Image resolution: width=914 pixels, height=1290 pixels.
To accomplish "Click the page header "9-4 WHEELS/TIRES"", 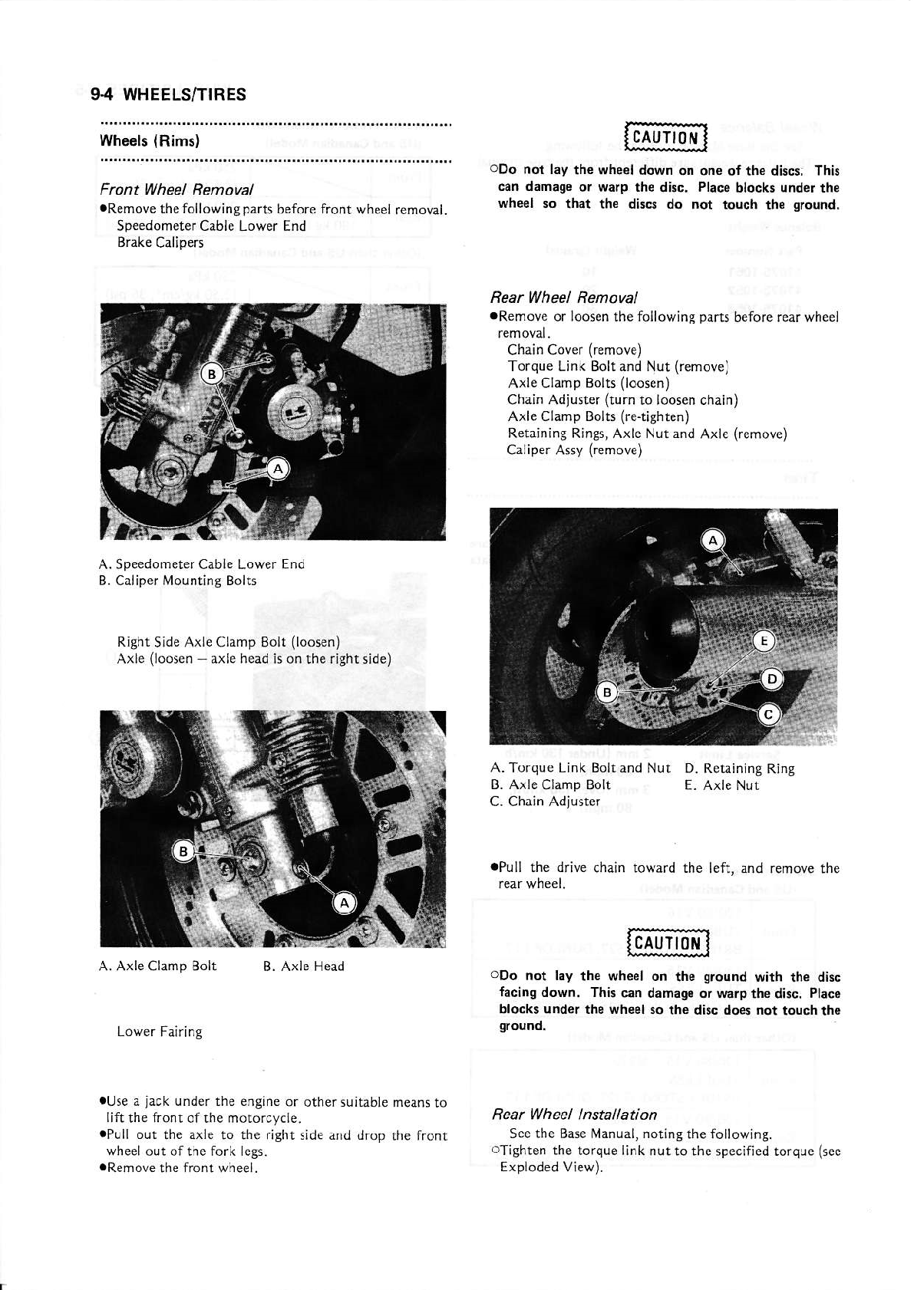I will pos(168,94).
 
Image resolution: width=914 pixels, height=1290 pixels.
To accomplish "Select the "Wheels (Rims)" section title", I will pos(150,141).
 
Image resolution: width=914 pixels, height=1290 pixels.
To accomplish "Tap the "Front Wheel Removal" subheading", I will pos(177,189).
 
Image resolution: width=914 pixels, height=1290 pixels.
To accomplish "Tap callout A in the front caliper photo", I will pos(277,469).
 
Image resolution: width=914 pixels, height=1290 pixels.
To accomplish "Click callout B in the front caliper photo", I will pos(210,374).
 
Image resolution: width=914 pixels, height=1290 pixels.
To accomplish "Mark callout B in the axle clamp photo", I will pos(183,851).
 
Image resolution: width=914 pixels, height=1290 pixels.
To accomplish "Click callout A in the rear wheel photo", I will pos(713,541).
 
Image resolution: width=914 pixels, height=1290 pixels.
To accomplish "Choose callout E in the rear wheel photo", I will pos(764,641).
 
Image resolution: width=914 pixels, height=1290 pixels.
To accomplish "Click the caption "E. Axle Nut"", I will pos(721,785).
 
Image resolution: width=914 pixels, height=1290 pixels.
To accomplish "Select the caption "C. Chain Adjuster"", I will pos(544,801).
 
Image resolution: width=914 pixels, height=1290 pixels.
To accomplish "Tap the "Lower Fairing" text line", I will pos(160,1032).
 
